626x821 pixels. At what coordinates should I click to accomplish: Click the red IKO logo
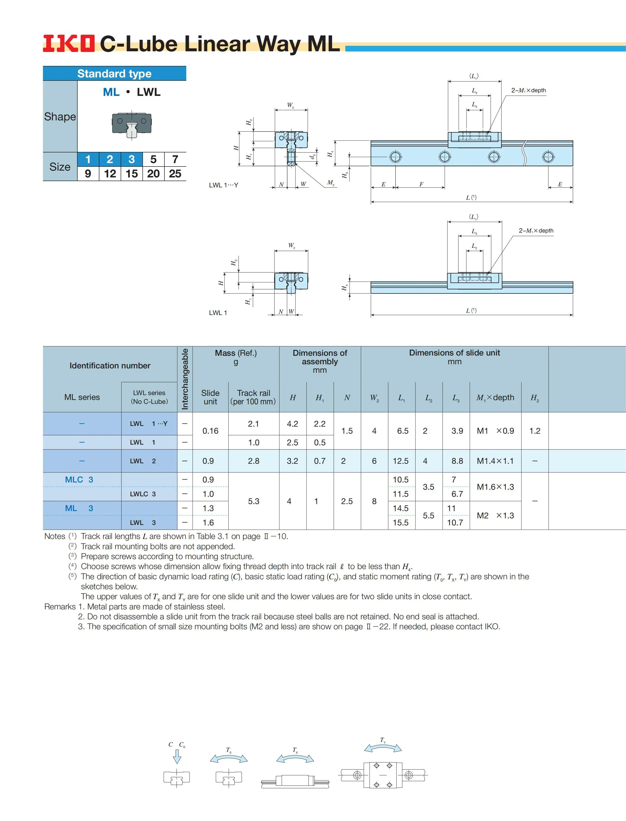coord(69,44)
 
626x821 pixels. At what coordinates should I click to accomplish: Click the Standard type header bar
coord(114,74)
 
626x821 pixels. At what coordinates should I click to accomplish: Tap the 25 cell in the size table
coord(175,174)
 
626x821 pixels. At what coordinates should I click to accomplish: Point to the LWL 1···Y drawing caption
coord(224,185)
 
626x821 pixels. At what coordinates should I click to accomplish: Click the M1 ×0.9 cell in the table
coord(495,431)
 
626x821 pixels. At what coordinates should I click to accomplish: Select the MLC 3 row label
coord(79,480)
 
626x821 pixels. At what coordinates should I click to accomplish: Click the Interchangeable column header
coord(185,379)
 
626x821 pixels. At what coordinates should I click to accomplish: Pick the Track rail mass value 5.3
coord(253,501)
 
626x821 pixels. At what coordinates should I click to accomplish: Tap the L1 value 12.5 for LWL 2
coord(401,461)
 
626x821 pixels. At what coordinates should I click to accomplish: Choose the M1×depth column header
coord(495,398)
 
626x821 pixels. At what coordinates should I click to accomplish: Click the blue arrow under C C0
coord(177,756)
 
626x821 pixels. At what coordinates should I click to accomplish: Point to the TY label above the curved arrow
coord(383,740)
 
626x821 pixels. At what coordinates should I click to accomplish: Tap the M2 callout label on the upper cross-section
coord(331,183)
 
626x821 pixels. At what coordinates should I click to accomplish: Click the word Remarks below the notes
coord(60,607)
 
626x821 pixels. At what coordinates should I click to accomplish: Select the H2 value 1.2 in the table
coord(535,431)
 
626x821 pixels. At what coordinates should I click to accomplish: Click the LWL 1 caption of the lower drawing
coord(218,313)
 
